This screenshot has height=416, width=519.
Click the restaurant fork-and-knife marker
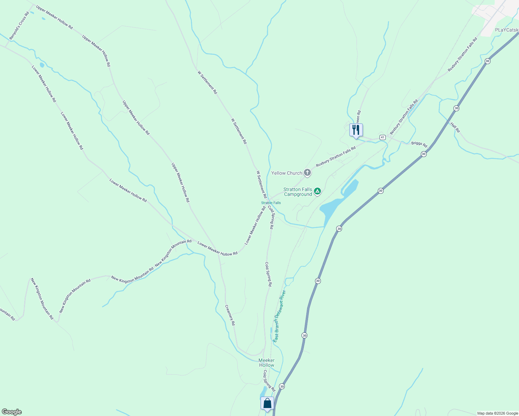356,130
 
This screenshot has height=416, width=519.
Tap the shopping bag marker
267,404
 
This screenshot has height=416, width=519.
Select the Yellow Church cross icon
307,172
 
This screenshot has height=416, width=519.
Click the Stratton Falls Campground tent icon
317,191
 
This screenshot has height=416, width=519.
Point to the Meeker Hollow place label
266,363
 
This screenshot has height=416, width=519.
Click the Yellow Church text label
287,173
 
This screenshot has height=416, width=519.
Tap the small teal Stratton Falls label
271,203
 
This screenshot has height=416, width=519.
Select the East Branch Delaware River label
279,316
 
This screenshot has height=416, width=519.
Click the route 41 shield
382,137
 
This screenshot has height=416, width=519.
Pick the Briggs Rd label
419,144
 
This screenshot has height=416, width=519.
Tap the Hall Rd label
455,127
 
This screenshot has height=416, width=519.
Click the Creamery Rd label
230,315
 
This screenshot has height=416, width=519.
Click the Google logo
12,412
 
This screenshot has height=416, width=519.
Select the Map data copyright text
497,413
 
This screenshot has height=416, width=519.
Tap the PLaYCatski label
507,30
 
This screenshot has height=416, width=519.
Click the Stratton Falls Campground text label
298,192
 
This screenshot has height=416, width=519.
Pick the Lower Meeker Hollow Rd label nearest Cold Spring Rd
255,226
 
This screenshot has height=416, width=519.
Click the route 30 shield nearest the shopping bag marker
282,386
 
